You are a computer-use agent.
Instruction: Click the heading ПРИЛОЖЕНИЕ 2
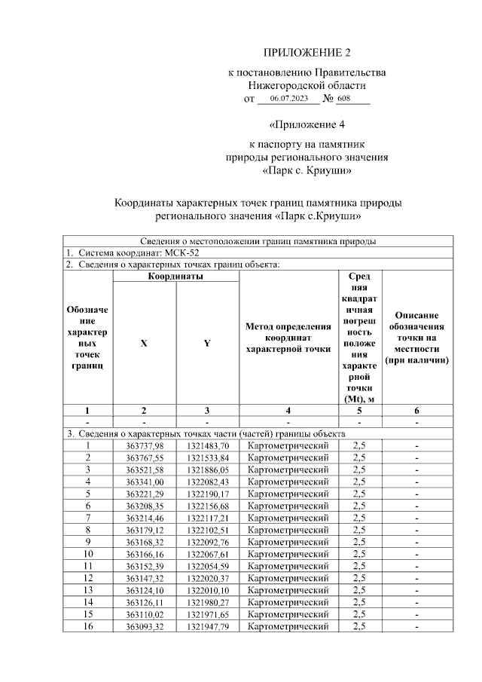(307, 53)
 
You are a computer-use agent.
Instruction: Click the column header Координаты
(175, 277)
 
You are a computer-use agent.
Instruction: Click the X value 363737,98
(144, 446)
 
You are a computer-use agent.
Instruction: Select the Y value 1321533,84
(207, 457)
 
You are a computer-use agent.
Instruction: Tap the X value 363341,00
(144, 481)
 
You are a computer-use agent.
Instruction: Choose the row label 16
(87, 626)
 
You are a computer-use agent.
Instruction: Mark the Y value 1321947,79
(207, 626)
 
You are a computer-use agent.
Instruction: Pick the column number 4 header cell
(288, 411)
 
